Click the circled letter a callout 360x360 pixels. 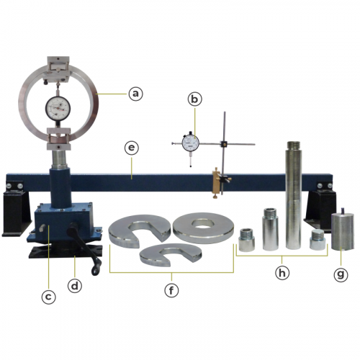[135, 94]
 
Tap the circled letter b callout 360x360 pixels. [194, 99]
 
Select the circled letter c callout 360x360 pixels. [48, 297]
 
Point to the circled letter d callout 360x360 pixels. [75, 286]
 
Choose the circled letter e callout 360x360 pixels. [132, 148]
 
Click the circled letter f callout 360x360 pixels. [171, 291]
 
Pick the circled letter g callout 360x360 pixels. [341, 274]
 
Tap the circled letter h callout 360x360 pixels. [282, 273]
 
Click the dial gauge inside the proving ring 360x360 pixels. [58, 108]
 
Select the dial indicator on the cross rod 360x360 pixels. [191, 143]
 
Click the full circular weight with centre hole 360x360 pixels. [203, 228]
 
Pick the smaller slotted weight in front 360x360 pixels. [171, 255]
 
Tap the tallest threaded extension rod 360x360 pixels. [294, 195]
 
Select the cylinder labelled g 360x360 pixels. [343, 232]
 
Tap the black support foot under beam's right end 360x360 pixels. [322, 208]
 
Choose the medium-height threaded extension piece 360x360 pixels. [271, 229]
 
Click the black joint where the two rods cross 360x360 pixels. [224, 144]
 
